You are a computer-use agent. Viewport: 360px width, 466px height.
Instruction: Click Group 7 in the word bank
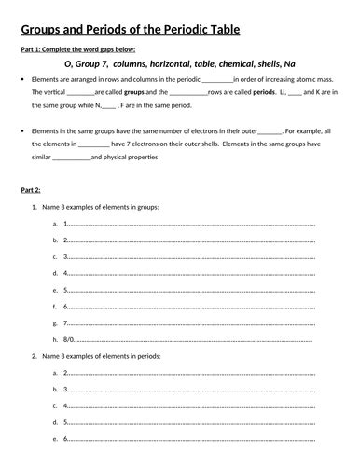(x=95, y=65)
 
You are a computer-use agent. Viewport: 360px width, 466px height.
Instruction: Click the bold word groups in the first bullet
(x=138, y=94)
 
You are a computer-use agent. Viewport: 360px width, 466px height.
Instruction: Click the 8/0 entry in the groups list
(x=70, y=341)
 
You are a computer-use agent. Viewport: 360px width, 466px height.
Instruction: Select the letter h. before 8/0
(x=57, y=341)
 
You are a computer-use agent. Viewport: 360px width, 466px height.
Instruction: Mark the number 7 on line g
(x=66, y=323)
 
